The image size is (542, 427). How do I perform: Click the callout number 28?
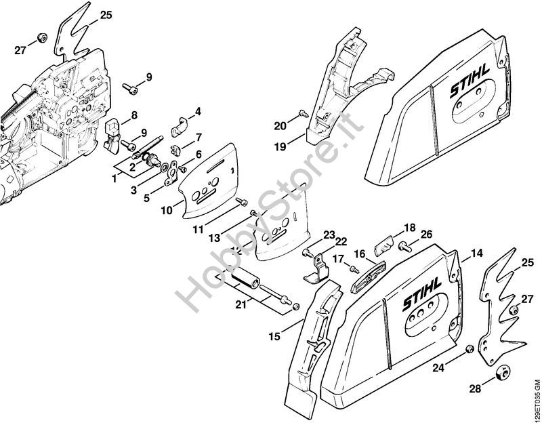pos(476,388)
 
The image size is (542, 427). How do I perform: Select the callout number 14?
pos(477,253)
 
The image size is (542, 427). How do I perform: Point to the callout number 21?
pos(241,306)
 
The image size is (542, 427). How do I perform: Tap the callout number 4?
pos(198,111)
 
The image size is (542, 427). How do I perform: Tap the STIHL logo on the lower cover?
pos(421,293)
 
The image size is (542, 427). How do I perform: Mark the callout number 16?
pos(360,254)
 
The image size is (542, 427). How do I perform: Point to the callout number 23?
pos(329,235)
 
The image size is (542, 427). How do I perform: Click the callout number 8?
pos(134,115)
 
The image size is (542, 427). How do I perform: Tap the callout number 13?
pos(215,238)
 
